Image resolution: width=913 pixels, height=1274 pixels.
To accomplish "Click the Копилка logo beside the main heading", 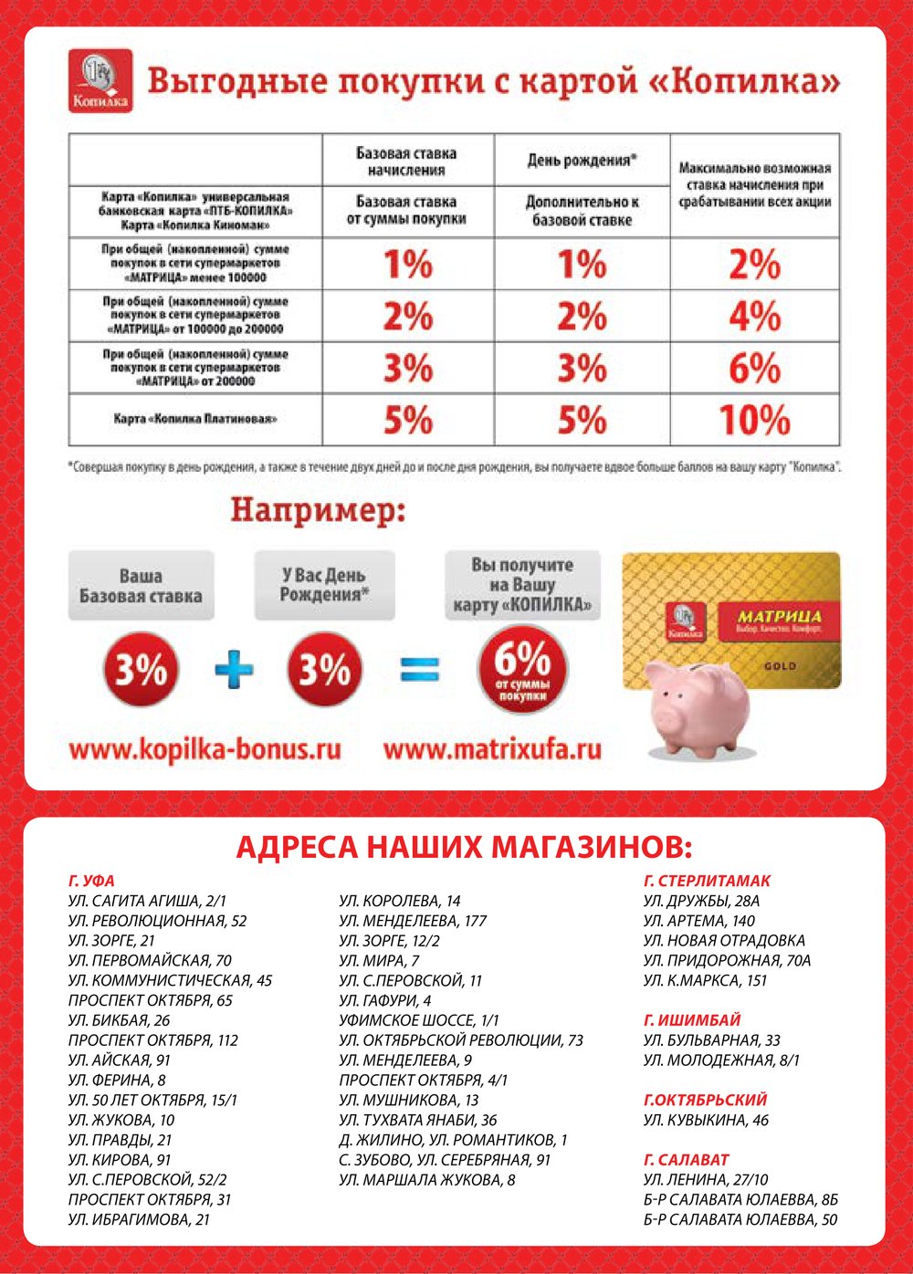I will [100, 81].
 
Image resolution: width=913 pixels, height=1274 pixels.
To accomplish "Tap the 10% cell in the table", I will [754, 421].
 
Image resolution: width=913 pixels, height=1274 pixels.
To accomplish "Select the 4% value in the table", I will [754, 317].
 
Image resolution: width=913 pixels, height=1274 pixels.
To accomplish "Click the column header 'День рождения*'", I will [582, 161].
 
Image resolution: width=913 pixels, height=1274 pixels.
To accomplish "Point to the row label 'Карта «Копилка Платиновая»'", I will [194, 420].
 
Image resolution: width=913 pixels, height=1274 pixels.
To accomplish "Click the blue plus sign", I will [234, 671].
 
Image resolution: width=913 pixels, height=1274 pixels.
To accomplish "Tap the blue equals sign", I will [420, 671].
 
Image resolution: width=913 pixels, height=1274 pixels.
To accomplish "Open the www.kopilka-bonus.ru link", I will [205, 750].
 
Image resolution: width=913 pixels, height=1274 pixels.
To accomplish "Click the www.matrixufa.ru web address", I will [492, 750].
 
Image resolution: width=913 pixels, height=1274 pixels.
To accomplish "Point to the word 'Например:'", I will [318, 510].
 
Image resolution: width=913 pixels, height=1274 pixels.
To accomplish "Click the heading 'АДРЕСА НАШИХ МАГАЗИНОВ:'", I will [464, 847].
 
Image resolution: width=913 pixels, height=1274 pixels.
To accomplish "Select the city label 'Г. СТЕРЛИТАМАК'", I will [707, 881].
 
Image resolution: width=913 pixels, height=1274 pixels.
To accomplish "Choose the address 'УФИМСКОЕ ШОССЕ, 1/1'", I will [419, 1020].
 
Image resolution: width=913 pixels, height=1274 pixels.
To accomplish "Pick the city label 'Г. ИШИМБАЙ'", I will [692, 1020].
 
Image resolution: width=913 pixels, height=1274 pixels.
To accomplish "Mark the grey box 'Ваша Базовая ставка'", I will [141, 586].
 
